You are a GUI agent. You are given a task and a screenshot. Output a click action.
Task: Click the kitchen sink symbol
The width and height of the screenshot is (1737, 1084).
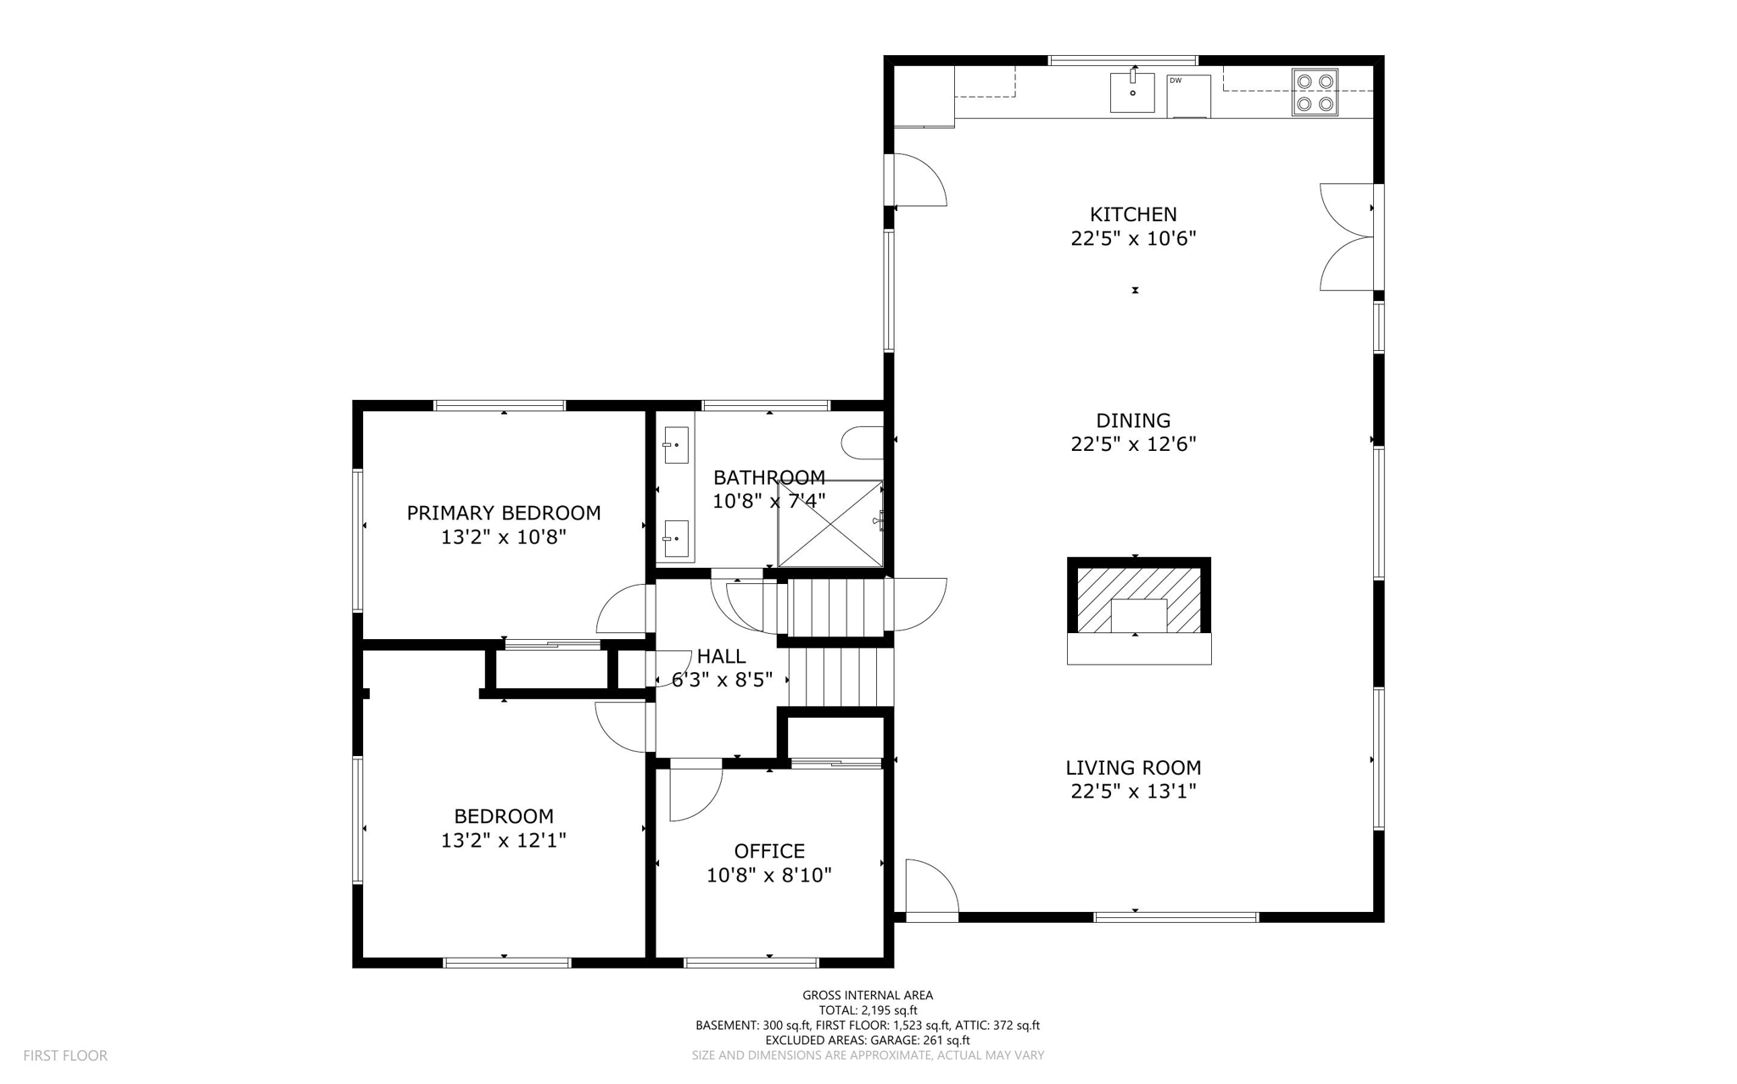pos(1132,92)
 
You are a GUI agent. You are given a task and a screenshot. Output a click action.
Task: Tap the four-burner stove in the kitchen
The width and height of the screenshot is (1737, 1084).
pos(1315,92)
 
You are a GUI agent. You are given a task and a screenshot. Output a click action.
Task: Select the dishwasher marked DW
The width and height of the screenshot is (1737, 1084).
pos(1188,96)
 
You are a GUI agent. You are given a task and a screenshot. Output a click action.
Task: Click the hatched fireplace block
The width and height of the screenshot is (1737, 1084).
pos(1138,600)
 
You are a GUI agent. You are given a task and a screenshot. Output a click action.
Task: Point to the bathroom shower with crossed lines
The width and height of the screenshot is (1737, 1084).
pos(830,524)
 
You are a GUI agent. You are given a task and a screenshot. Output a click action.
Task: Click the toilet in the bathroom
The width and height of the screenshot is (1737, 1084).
pos(862,442)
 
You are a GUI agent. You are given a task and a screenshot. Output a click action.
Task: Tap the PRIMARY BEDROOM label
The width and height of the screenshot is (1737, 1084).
pos(503,513)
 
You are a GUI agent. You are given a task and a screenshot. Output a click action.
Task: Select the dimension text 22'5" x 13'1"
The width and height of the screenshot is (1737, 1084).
pos(1133,792)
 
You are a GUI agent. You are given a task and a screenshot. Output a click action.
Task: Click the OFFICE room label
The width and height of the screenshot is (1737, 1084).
pos(769,851)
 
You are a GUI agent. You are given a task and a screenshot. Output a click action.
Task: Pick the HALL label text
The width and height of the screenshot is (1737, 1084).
pos(721,656)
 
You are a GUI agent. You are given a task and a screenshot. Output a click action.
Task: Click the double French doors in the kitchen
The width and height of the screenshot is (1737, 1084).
pos(1348,236)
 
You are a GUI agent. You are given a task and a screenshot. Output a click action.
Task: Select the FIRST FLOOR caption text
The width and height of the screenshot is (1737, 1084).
pos(65,1055)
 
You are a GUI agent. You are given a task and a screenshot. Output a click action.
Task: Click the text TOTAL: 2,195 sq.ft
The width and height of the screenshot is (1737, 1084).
pos(868,1010)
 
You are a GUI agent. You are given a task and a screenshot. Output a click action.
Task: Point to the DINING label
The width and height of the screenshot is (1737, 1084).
pos(1133,420)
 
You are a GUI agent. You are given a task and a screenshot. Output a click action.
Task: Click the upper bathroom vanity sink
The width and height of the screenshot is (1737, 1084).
pos(675,445)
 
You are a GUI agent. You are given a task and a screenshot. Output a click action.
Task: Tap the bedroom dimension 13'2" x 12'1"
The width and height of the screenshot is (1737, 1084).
pos(503,841)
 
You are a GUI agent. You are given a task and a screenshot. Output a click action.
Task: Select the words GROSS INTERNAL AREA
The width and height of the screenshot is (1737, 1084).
pos(868,995)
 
